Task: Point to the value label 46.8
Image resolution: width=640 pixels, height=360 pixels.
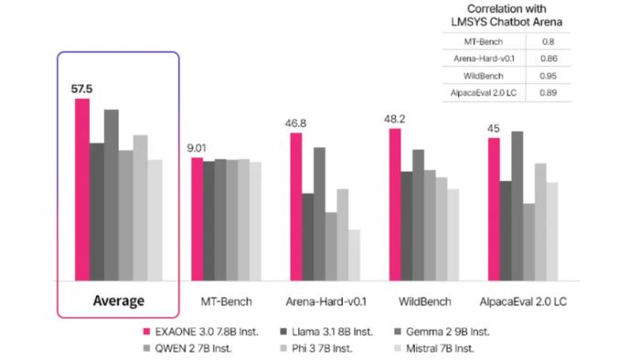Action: click(295, 122)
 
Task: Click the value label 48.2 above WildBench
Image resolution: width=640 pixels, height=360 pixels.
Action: click(394, 118)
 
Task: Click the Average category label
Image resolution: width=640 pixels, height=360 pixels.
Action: click(119, 301)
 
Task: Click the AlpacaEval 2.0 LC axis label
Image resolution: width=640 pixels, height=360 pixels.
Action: click(522, 301)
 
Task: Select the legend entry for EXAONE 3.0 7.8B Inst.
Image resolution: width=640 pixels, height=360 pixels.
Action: click(200, 330)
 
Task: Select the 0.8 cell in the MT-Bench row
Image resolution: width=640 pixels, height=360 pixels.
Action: click(549, 41)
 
